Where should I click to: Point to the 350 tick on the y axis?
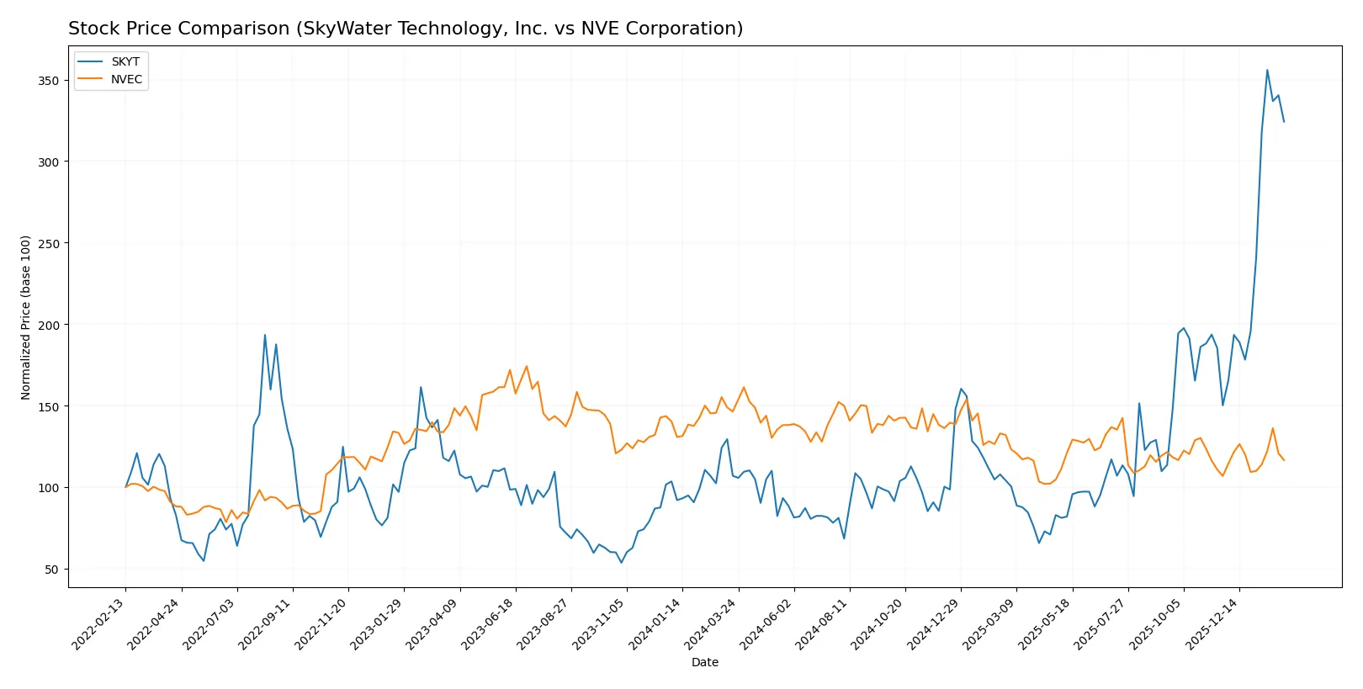(49, 81)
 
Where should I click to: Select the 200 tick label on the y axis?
(49, 325)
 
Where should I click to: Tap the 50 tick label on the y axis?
(52, 570)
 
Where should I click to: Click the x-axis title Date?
(704, 662)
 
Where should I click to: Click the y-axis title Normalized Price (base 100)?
(25, 317)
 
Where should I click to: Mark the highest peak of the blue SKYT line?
(1267, 70)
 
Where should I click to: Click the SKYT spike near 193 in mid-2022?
(265, 335)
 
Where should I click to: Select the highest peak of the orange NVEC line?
(527, 366)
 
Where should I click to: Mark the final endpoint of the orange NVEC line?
(1284, 460)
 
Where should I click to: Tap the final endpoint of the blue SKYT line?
(1284, 122)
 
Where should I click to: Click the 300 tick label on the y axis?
(49, 162)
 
